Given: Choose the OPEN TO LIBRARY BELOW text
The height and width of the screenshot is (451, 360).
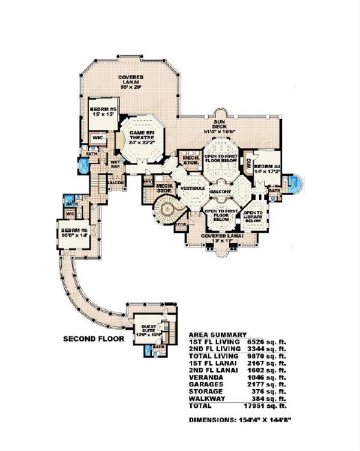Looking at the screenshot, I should pyautogui.click(x=253, y=216).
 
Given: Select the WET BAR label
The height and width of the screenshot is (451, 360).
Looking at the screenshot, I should pyautogui.click(x=115, y=165).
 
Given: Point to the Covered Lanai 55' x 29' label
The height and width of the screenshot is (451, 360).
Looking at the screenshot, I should pyautogui.click(x=130, y=81).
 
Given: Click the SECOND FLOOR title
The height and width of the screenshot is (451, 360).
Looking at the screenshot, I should pyautogui.click(x=94, y=339).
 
